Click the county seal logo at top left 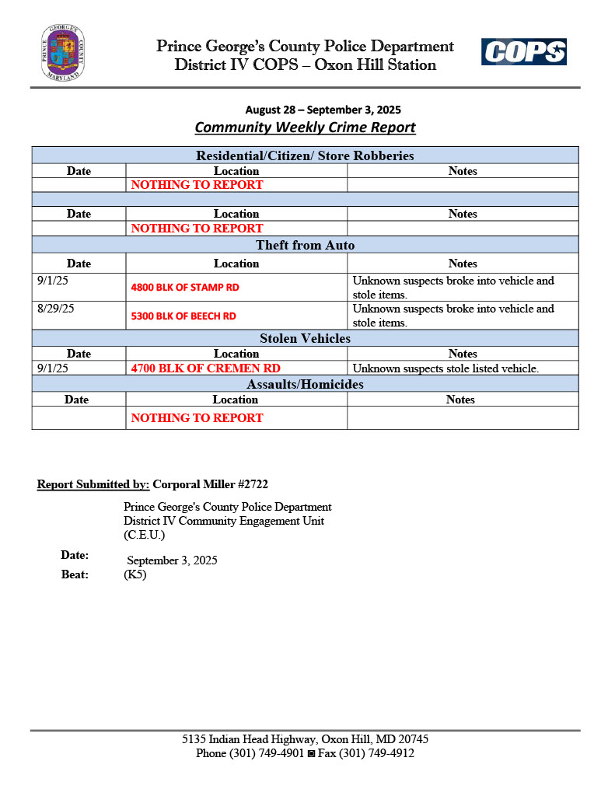pos(63,53)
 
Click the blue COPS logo pos(523,52)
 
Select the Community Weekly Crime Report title pos(305,127)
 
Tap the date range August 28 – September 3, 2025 pos(323,110)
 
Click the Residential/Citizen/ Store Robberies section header pos(305,155)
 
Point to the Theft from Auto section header pos(305,246)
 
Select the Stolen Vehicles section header pos(305,338)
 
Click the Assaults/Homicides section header pos(305,384)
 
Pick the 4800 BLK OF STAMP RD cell pos(185,288)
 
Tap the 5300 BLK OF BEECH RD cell pos(183,316)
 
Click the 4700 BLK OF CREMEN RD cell pos(205,368)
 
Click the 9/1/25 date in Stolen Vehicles pos(52,368)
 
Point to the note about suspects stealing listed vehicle pos(446,368)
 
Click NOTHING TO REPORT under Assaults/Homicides pos(197,418)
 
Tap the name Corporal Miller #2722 pos(210,484)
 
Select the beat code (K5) pos(135,575)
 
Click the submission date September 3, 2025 pos(172,560)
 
